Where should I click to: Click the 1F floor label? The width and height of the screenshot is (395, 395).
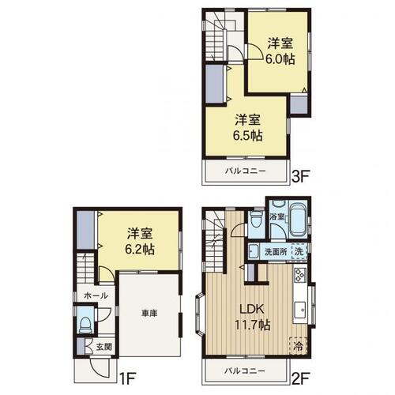tap(127, 378)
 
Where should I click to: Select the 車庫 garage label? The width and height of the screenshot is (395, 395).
tap(149, 313)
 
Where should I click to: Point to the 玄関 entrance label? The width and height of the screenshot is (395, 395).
tap(103, 347)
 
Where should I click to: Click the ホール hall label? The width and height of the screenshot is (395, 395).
tap(96, 295)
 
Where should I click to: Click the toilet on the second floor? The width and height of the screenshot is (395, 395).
tap(256, 220)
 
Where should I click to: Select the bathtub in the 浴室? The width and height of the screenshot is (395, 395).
tap(298, 220)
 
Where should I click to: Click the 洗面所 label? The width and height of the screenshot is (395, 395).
tap(276, 252)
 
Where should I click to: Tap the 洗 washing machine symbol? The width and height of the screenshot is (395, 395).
tap(299, 251)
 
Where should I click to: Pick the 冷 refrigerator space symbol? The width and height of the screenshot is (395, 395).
tap(299, 345)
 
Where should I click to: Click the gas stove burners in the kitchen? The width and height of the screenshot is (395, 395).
tap(299, 275)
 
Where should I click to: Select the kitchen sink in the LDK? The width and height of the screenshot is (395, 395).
tap(300, 310)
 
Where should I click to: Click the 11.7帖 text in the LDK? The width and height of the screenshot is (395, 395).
tap(252, 325)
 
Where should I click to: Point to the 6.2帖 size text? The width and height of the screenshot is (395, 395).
tap(140, 249)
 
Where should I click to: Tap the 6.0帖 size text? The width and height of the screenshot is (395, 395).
tap(280, 59)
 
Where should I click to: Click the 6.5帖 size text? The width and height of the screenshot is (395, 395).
tap(247, 136)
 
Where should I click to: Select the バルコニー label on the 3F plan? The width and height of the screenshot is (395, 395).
tap(245, 171)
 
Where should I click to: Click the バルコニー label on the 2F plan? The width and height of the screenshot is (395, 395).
tap(245, 371)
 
